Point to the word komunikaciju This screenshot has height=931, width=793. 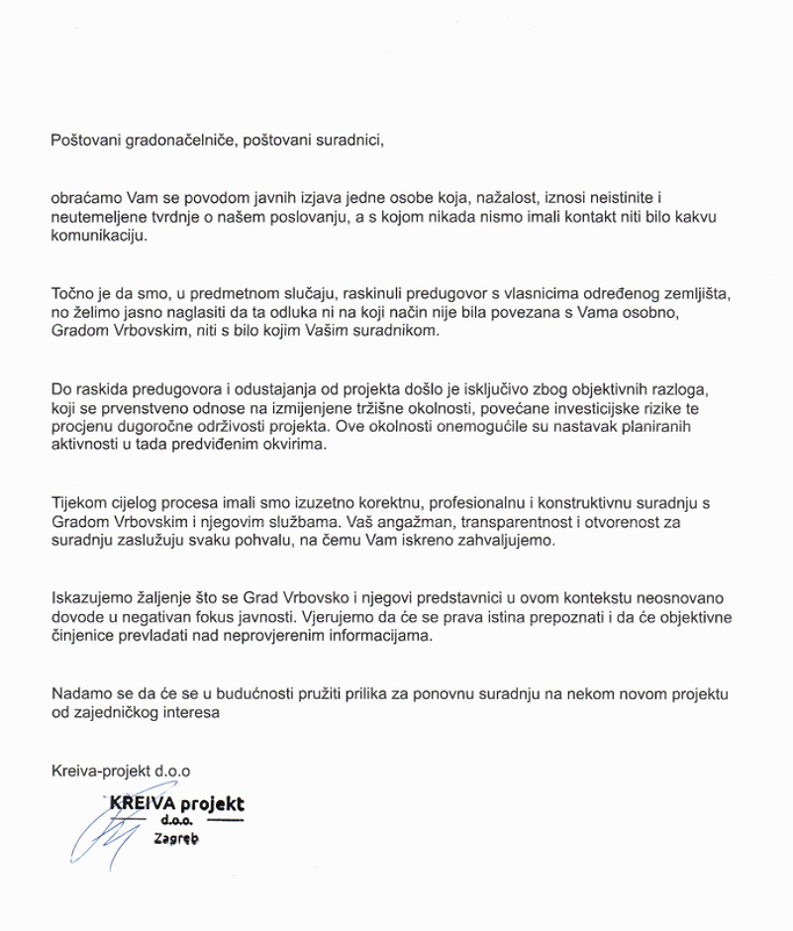(98, 238)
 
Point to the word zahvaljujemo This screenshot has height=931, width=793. (518, 542)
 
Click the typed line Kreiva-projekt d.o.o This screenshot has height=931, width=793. (120, 769)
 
